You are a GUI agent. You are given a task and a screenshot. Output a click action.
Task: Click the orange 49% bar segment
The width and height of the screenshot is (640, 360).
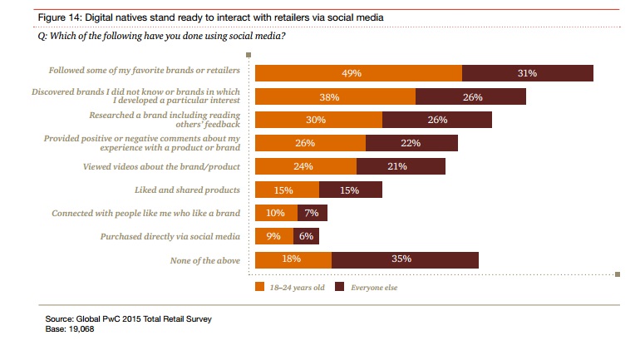[x=357, y=73]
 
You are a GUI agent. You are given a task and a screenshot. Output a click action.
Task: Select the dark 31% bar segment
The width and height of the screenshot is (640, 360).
[x=527, y=73]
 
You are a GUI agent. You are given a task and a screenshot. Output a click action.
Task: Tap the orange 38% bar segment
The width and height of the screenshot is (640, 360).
[x=334, y=96]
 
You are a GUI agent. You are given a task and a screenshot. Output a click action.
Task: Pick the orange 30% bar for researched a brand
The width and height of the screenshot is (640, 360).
[x=318, y=120]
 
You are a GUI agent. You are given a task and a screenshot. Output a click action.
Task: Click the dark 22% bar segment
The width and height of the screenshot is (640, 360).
[x=406, y=143]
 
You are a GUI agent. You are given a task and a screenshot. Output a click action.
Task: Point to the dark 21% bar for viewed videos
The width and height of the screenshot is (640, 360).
[x=401, y=166]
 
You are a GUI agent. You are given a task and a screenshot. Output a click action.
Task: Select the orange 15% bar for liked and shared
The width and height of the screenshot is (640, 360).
[x=286, y=190]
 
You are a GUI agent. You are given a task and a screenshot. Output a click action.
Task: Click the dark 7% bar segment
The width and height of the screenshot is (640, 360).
[x=313, y=213]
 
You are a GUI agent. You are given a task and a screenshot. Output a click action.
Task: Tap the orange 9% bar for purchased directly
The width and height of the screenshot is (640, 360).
[x=273, y=236]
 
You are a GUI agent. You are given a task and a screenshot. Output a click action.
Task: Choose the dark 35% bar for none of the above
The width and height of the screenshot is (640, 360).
[x=405, y=260]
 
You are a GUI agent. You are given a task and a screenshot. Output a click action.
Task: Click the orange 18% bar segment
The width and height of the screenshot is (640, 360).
[x=293, y=260]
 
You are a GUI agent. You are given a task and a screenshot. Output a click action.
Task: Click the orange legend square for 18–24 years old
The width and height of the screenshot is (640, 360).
[x=259, y=287]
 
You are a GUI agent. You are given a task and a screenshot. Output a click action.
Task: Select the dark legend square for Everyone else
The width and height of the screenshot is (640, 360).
[x=339, y=287]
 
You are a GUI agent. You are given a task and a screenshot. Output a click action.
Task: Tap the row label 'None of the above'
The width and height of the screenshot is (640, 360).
[x=204, y=260]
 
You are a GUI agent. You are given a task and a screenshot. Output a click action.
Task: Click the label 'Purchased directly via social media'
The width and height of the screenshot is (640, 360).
[x=170, y=236]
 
